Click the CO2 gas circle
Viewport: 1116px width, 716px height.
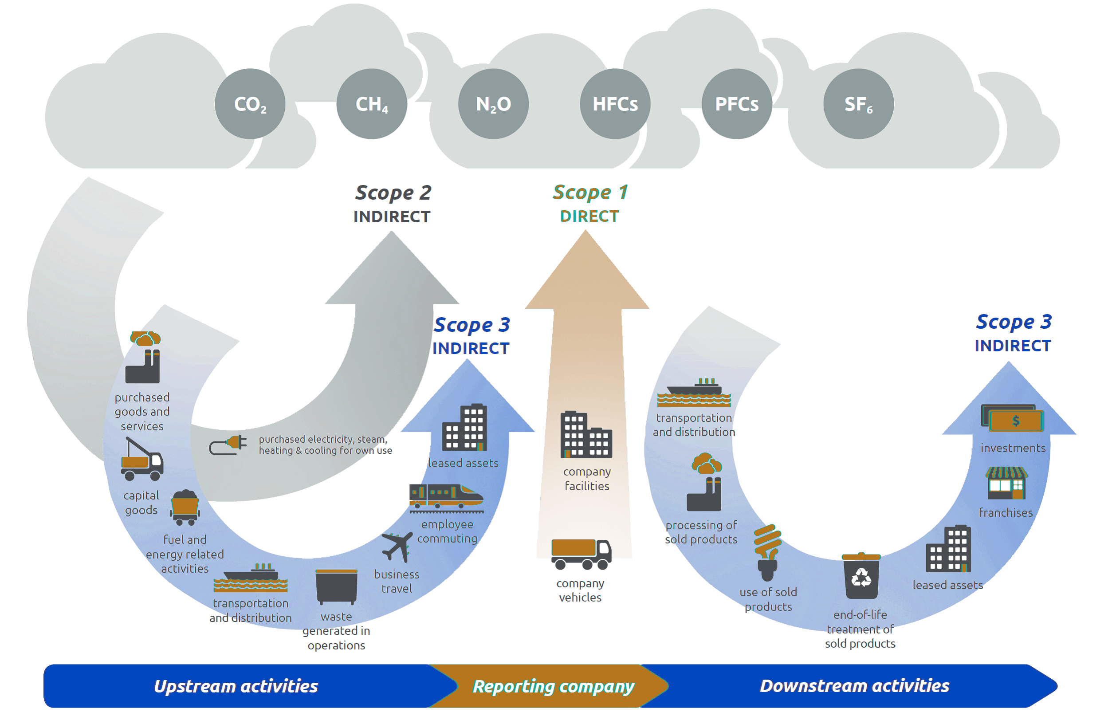click(250, 104)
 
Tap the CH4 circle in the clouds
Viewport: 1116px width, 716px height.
click(372, 104)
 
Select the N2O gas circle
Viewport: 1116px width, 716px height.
click(494, 104)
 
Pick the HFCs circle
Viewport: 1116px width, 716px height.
click(615, 104)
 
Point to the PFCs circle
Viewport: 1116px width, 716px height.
click(737, 104)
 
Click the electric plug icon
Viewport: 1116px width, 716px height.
click(228, 445)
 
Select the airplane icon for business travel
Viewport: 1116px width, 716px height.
click(397, 547)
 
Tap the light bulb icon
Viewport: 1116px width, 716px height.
click(768, 553)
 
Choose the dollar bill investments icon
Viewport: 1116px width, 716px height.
click(1012, 418)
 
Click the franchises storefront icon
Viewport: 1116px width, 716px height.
click(1006, 483)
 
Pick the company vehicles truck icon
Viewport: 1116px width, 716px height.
click(582, 554)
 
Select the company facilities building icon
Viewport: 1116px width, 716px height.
click(586, 435)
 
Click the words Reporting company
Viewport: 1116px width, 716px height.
click(553, 686)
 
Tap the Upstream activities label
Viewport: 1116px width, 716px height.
click(236, 686)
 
